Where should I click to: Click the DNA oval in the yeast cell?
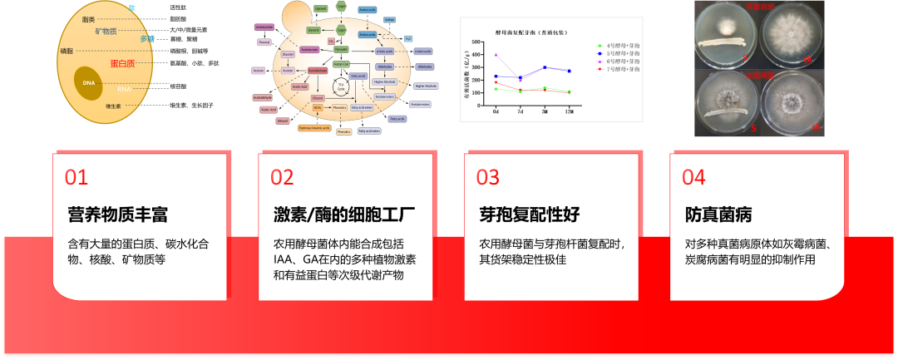(x=91, y=83)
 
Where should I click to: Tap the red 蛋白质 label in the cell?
(x=128, y=63)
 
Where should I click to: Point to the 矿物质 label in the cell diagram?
(x=112, y=31)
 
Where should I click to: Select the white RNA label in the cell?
(x=124, y=89)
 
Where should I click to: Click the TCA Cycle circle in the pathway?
(x=340, y=86)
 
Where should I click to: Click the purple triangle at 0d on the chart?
(x=496, y=55)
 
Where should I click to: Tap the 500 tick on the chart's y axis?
(x=476, y=41)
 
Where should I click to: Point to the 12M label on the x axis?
(x=569, y=109)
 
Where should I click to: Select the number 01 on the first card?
(x=76, y=178)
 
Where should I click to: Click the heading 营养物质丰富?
(x=117, y=215)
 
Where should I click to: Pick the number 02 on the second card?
(x=283, y=178)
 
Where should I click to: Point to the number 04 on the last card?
(x=694, y=178)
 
